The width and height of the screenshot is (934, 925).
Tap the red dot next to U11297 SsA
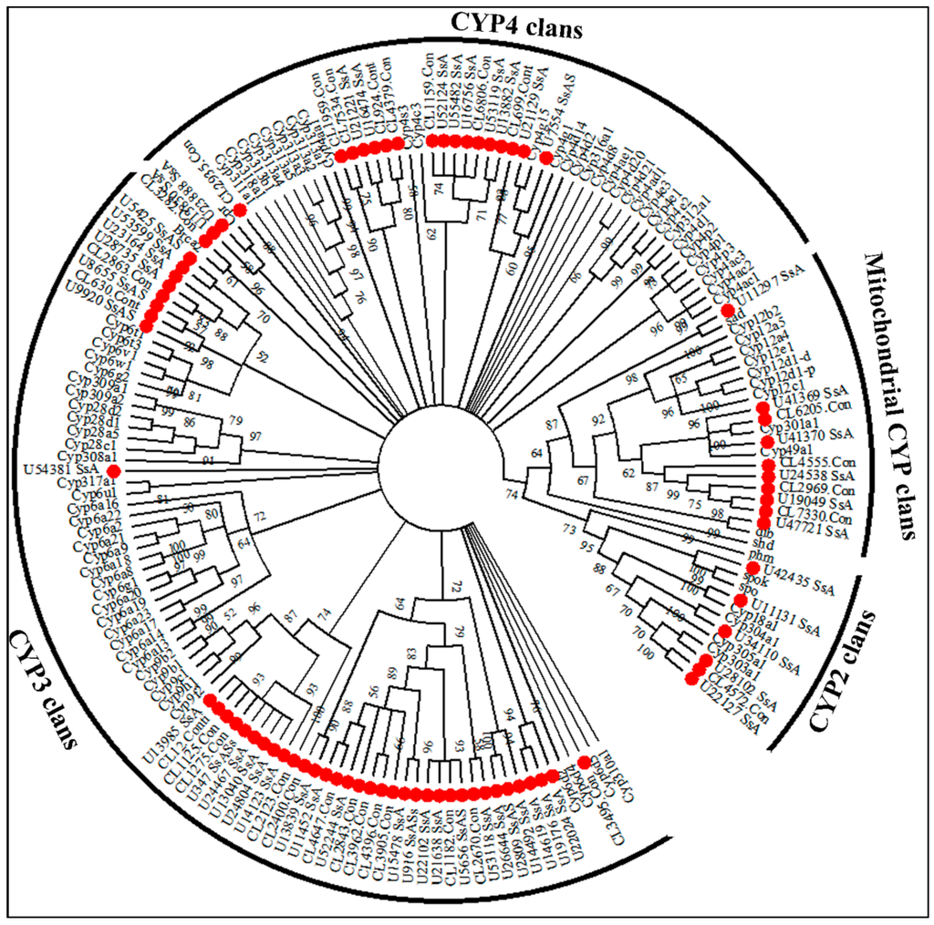click(728, 312)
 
